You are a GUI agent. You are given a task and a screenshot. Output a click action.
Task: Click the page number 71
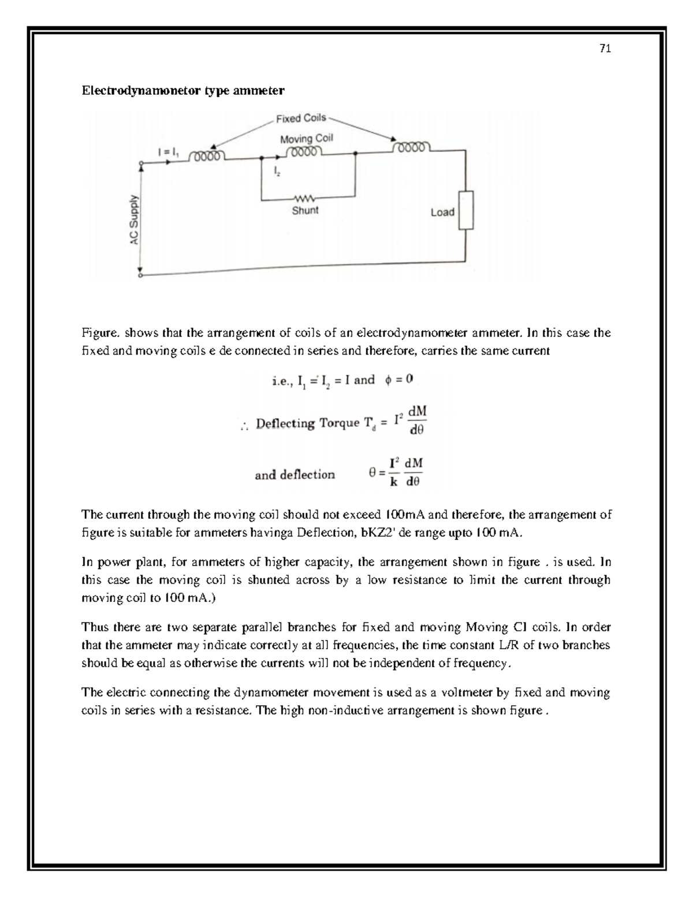(x=605, y=49)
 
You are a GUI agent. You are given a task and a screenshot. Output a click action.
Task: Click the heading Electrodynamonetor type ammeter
(x=183, y=91)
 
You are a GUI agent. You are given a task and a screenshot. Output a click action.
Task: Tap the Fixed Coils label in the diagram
(x=300, y=118)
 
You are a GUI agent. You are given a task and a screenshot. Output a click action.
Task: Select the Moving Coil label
(x=306, y=139)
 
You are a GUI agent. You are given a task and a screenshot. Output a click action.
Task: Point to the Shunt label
(x=305, y=211)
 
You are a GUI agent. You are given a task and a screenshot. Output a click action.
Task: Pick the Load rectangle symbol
(x=466, y=210)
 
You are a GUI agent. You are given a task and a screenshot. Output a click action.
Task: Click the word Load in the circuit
(x=442, y=212)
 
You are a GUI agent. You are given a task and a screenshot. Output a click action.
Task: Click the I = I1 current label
(x=169, y=152)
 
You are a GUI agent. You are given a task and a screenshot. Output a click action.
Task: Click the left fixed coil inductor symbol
(x=208, y=157)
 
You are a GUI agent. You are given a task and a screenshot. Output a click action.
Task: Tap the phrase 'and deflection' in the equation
(x=295, y=475)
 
